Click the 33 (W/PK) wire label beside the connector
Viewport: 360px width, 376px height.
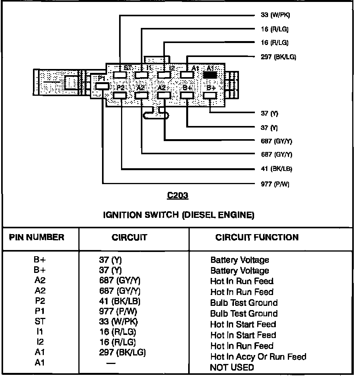[275, 16]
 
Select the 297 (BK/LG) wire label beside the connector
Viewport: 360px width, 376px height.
[278, 57]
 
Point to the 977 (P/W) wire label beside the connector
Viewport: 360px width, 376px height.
[275, 184]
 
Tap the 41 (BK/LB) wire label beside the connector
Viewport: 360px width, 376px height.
[276, 169]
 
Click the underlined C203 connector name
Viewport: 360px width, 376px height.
[178, 196]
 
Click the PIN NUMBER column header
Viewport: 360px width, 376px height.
[36, 237]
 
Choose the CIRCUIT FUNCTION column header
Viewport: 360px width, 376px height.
[257, 237]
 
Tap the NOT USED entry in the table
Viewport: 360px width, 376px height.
[232, 367]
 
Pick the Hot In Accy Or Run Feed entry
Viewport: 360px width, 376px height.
[258, 357]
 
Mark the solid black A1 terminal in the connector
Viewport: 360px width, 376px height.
[210, 74]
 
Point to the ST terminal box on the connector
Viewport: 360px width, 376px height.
[121, 74]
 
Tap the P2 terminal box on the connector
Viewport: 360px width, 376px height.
[121, 95]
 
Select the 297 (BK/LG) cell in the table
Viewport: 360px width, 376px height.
[122, 352]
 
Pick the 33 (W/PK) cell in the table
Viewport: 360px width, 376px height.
[118, 322]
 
